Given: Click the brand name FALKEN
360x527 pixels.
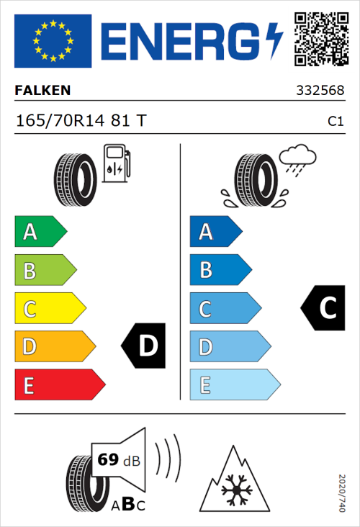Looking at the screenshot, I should [42, 91].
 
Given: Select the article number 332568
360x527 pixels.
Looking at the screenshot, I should [320, 91].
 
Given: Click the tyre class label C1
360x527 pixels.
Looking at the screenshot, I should [335, 122].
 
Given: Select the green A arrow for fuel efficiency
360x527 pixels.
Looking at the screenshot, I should [40, 232].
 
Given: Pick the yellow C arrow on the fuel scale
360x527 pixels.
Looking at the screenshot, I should [50, 309].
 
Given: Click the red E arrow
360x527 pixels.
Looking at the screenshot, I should [59, 385].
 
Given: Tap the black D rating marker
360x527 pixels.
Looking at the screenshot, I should [144, 346].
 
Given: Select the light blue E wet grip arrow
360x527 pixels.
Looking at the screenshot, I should [234, 385].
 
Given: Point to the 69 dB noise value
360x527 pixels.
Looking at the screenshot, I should [117, 459].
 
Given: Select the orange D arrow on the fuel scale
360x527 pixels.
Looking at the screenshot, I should [54, 347].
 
